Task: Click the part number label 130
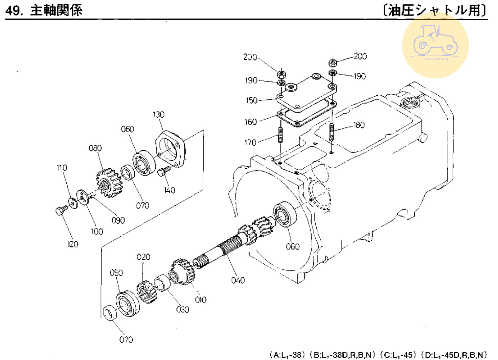point(158,115)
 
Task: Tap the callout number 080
point(95,148)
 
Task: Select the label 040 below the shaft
point(238,280)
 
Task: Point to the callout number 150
point(251,100)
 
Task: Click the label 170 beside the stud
point(250,142)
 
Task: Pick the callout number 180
point(359,125)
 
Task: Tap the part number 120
point(73,244)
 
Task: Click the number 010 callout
point(201,300)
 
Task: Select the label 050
point(116,273)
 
